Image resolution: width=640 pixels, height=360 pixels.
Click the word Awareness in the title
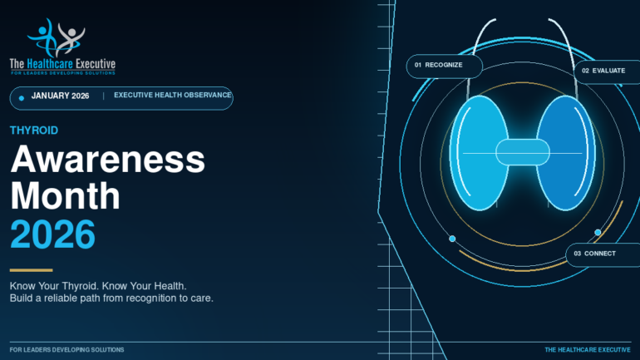[108, 159]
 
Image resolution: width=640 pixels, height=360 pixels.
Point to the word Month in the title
[66, 196]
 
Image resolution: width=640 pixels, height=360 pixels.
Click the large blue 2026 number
[52, 234]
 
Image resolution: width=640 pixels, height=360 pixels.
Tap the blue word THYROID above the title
[34, 131]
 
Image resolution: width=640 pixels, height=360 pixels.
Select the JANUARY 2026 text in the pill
[60, 96]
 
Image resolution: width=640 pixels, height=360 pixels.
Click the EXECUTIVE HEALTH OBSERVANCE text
[173, 95]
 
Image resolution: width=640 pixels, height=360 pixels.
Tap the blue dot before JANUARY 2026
[22, 98]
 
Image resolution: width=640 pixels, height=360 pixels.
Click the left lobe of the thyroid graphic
[479, 153]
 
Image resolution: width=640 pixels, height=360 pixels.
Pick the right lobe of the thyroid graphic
[566, 153]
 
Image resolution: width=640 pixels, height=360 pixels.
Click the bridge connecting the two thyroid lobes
[523, 152]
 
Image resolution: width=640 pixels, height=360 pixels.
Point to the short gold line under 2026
[32, 270]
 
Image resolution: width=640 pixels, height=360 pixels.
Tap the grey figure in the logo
[70, 38]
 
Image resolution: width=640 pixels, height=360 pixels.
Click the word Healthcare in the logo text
[50, 64]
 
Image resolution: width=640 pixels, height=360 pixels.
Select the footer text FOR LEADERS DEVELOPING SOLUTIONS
[67, 350]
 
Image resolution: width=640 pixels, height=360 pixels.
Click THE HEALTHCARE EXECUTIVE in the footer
[588, 350]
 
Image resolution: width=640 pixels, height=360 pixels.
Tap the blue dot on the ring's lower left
[452, 239]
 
